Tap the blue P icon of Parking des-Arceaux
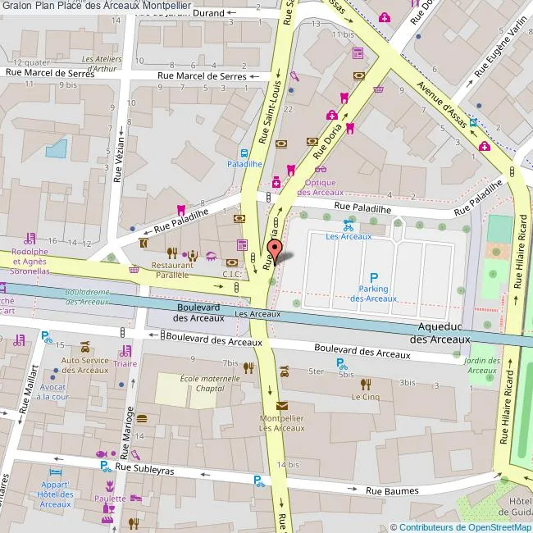tap(374, 278)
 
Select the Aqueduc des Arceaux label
tap(440, 333)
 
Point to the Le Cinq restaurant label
tap(366, 397)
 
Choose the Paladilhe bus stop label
tap(244, 163)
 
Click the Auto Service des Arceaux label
tap(84, 365)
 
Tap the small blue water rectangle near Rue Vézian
tap(57, 148)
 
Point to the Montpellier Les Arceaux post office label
tap(282, 422)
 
